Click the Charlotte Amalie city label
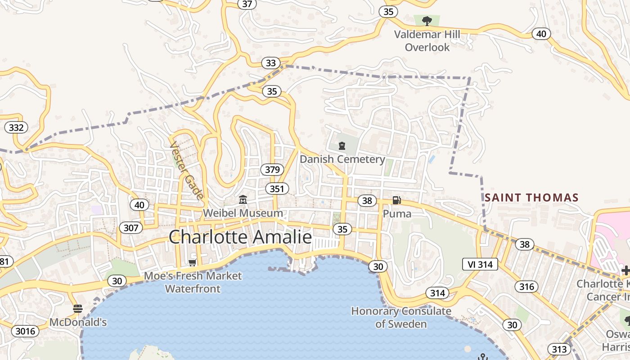[x=240, y=237]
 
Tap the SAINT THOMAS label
[x=531, y=198]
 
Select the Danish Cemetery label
[x=342, y=159]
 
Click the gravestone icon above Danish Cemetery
[x=342, y=145]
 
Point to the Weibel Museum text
[x=243, y=213]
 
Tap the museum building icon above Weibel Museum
[x=243, y=199]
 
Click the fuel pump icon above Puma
[x=396, y=200]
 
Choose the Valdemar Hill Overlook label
[x=427, y=41]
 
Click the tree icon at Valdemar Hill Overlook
[x=427, y=21]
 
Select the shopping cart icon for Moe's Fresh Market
[x=193, y=262]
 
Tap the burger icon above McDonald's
[x=78, y=309]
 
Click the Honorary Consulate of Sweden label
[x=401, y=317]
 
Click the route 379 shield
[x=272, y=170]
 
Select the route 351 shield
[x=277, y=189]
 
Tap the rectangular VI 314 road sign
[x=480, y=264]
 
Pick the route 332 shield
[x=16, y=127]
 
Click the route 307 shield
[x=131, y=228]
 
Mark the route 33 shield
[x=270, y=63]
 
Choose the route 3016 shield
[x=25, y=332]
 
